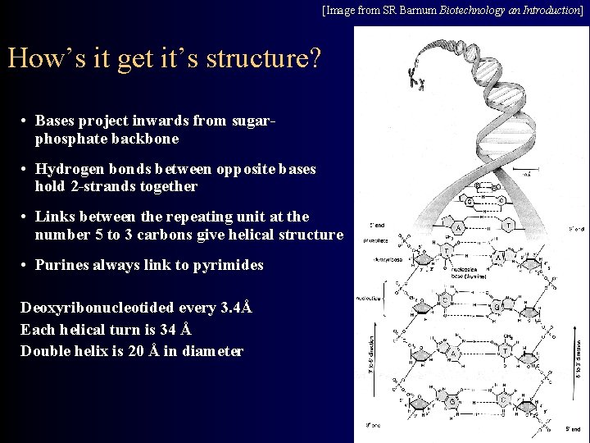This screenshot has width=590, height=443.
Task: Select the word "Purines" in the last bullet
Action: click(61, 265)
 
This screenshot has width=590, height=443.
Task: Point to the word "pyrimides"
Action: click(229, 265)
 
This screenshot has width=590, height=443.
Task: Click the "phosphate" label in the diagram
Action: click(378, 240)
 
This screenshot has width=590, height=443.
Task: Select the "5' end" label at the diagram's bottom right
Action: click(572, 429)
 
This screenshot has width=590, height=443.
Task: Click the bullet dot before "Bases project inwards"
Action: click(26, 121)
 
